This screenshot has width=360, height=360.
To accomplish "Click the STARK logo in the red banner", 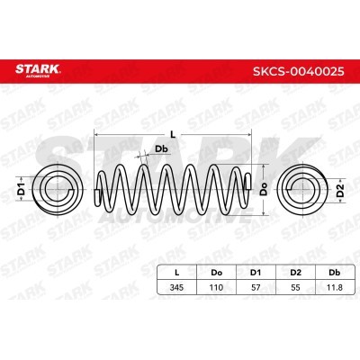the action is click(38, 70).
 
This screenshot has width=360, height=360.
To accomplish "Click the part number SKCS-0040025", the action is click(299, 71).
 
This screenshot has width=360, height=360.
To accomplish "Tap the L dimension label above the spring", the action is click(173, 135).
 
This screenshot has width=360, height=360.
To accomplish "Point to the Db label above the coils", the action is click(161, 148).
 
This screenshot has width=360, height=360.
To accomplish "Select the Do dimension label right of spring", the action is click(264, 190).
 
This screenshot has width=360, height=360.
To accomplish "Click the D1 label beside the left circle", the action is click(21, 189).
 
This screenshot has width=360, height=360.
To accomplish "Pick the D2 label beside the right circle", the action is click(340, 190).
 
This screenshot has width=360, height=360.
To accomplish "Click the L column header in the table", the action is click(177, 273).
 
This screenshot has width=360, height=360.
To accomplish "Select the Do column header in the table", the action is click(216, 273).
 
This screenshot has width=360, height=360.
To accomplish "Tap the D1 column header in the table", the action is click(256, 273).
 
